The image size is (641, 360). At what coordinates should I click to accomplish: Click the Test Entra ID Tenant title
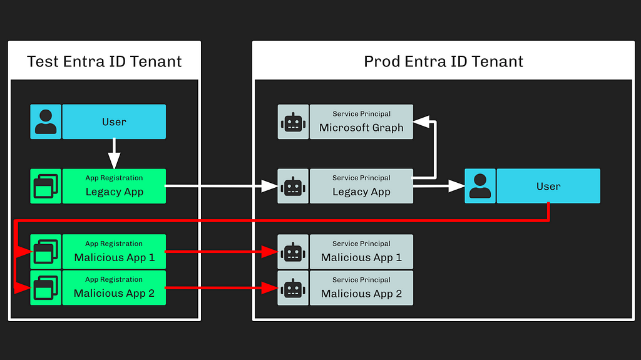(105, 61)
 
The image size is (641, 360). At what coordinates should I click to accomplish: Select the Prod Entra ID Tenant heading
(444, 61)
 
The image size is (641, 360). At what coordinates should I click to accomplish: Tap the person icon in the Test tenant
(46, 121)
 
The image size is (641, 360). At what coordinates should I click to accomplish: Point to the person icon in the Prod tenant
(480, 186)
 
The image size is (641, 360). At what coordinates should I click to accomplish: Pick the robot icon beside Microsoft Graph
(293, 121)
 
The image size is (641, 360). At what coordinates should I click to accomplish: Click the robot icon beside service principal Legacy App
(293, 186)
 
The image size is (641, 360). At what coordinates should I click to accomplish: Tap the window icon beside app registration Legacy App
(46, 186)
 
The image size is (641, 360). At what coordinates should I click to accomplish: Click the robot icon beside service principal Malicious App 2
(293, 287)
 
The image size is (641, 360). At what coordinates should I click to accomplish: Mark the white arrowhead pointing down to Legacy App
(114, 160)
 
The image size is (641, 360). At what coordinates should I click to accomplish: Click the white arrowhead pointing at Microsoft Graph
(421, 121)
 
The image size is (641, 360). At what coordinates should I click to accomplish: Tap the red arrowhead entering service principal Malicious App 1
(270, 252)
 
